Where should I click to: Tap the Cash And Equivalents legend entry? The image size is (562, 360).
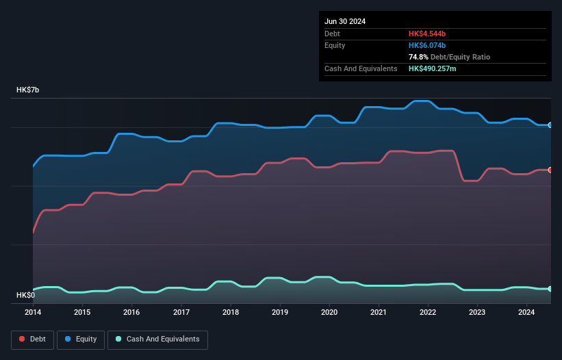(x=157, y=339)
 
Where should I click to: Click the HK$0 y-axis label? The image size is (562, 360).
(x=26, y=295)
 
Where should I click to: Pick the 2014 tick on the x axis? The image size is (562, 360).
(x=33, y=313)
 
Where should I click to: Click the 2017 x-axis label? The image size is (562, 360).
(x=181, y=313)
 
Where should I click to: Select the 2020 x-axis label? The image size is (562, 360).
(x=329, y=313)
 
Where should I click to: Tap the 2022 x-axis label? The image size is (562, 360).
(x=428, y=313)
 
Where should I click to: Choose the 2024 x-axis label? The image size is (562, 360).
(x=526, y=313)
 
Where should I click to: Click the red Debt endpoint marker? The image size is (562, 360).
(x=550, y=170)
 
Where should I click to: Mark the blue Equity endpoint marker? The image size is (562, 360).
(x=550, y=125)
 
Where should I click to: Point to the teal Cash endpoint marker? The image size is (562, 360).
(x=550, y=289)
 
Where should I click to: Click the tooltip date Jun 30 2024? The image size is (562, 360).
(x=345, y=21)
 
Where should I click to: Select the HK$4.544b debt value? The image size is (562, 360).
(x=427, y=34)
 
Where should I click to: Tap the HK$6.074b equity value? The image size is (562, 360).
(x=427, y=45)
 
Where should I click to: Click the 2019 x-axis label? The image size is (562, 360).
(x=280, y=313)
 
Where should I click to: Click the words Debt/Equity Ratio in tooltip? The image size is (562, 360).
(x=461, y=57)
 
